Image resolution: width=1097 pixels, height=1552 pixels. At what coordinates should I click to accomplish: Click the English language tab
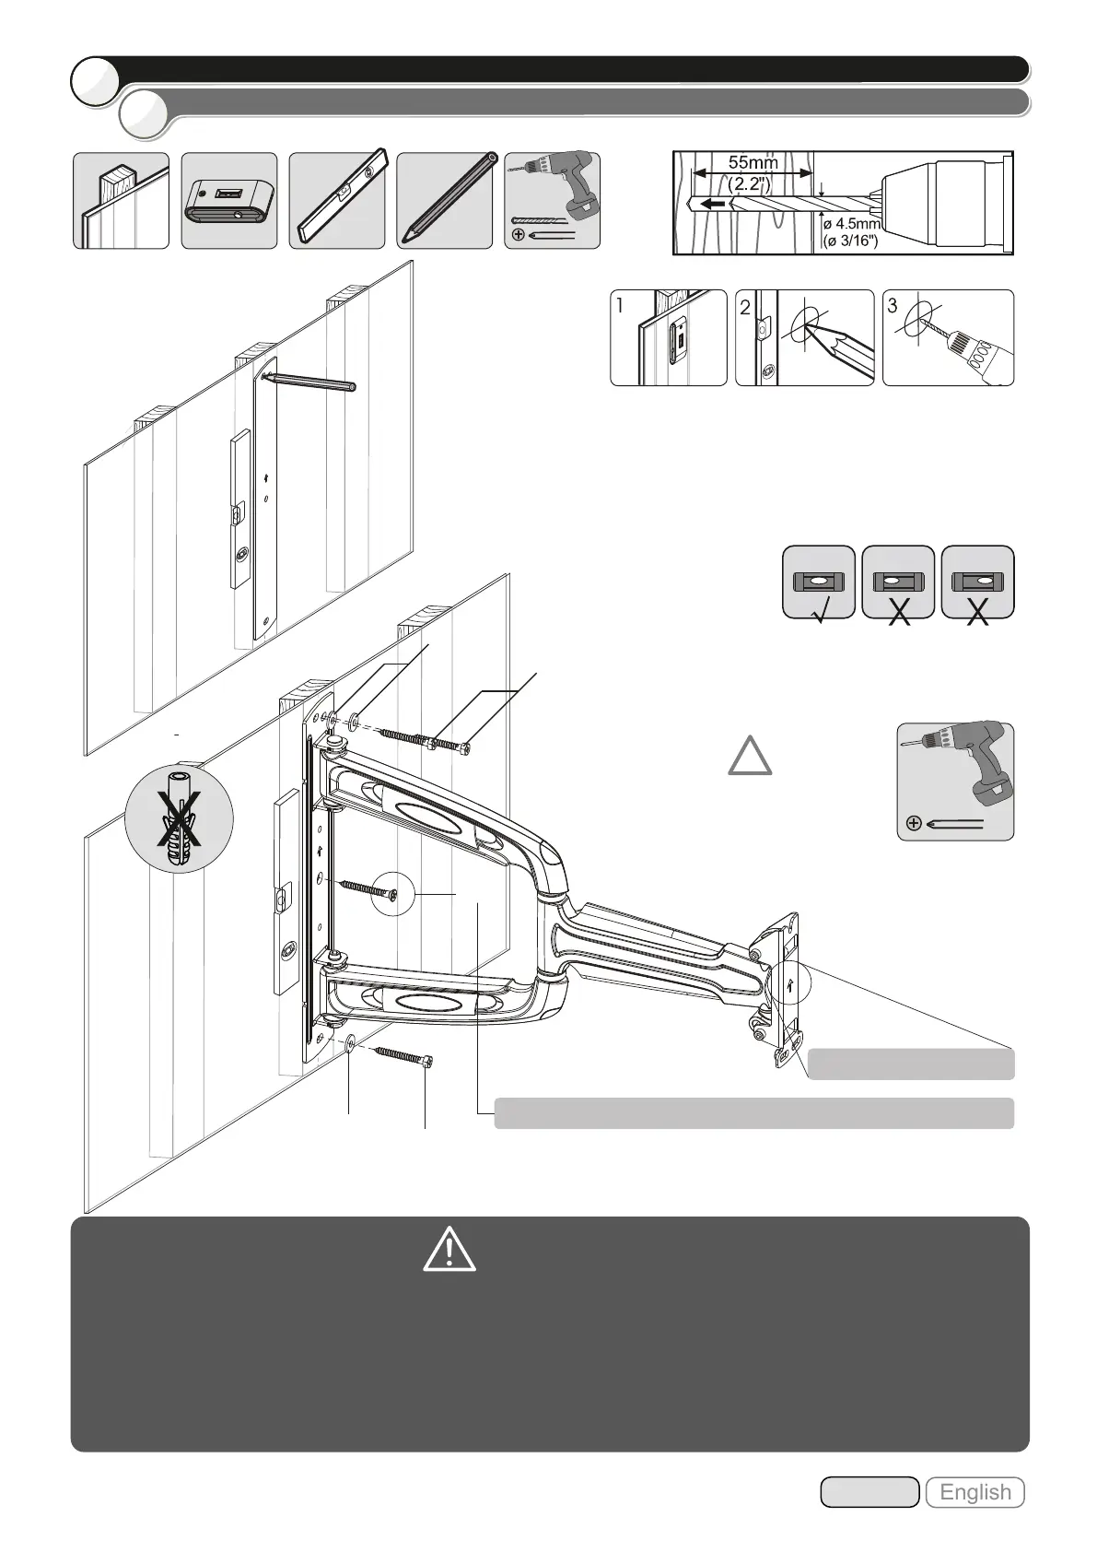(974, 1492)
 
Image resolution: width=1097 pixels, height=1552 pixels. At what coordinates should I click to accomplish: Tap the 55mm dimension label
(753, 162)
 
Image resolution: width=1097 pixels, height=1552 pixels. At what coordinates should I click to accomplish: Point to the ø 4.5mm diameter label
(853, 223)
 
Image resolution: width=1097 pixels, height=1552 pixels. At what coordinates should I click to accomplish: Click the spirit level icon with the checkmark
(818, 582)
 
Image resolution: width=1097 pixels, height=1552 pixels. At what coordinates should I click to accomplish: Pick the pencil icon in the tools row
(445, 200)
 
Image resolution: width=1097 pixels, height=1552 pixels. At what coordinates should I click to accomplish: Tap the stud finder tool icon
(228, 200)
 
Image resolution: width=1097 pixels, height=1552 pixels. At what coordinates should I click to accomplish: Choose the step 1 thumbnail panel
(668, 337)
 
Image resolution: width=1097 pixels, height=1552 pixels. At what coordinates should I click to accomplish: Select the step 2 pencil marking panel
(804, 337)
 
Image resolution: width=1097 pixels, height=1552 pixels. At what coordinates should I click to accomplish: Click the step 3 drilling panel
(948, 337)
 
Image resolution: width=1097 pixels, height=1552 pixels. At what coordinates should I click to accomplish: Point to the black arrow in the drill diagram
(712, 204)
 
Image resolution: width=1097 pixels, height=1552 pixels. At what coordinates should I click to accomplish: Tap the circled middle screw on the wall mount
(393, 894)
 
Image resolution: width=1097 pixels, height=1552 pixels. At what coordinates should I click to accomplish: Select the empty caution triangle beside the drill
(751, 755)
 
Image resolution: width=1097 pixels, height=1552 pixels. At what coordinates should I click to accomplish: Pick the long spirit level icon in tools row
(337, 200)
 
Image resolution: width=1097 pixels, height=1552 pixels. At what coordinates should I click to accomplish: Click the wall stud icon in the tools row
(121, 200)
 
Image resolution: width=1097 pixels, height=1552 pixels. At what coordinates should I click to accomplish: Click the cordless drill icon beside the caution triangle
(955, 781)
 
